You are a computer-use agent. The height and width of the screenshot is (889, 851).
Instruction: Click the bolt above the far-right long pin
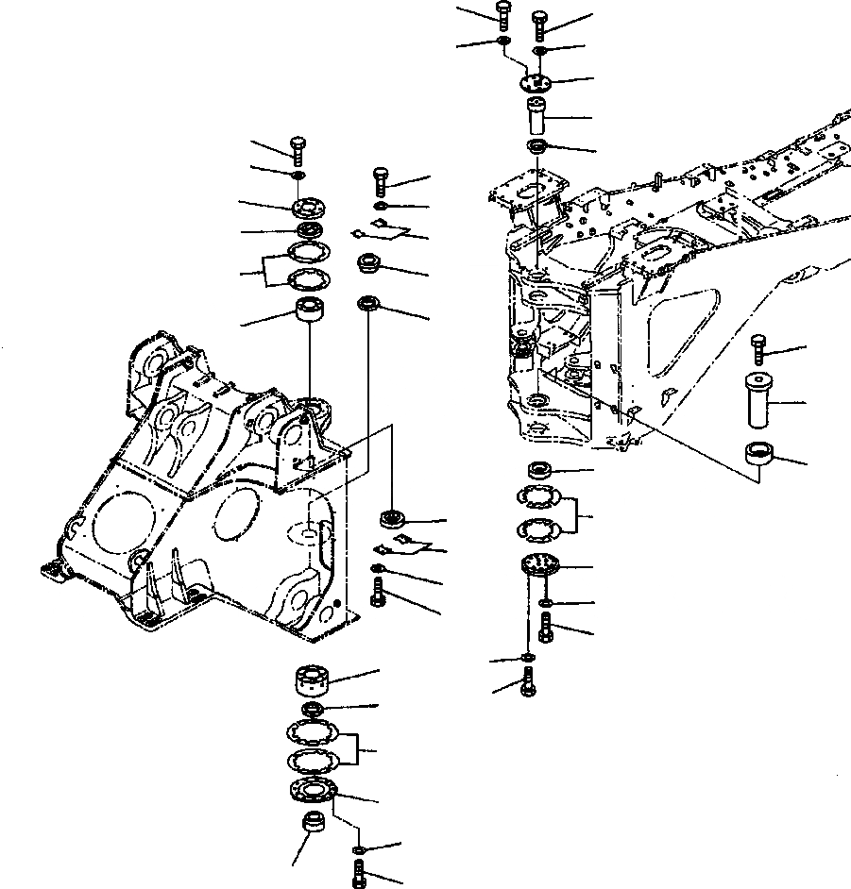point(757,348)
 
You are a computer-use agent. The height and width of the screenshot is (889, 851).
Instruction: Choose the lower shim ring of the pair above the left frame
point(307,279)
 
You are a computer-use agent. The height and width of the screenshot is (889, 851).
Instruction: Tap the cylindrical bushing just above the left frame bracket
point(309,310)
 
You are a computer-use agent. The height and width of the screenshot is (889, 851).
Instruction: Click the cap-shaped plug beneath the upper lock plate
point(368,264)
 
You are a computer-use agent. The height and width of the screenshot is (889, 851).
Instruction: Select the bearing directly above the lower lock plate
point(390,518)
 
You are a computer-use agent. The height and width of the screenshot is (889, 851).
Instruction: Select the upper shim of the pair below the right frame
point(537,496)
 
